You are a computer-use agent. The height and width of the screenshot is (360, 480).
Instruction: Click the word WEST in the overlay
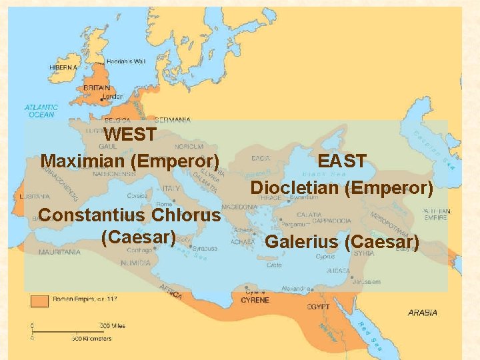point(131,135)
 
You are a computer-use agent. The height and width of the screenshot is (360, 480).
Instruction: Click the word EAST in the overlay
point(342,161)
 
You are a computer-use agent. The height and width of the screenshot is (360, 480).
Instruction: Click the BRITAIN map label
point(97,87)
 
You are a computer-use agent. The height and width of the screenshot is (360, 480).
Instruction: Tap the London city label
point(113,97)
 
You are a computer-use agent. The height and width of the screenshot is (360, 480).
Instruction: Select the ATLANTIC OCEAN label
point(41,111)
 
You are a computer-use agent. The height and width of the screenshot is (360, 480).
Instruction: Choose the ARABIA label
point(423,312)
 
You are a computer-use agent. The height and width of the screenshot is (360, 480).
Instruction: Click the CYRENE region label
point(255,300)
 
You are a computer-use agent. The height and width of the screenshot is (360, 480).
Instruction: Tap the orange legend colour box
point(39,301)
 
